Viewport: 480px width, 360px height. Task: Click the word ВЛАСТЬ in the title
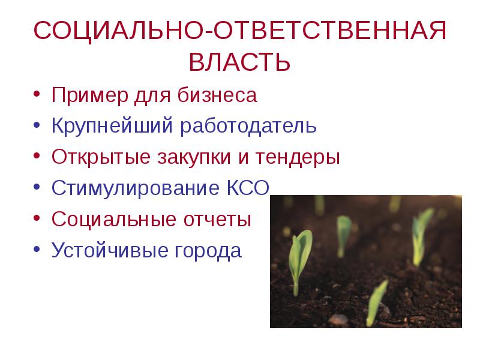coord(240,62)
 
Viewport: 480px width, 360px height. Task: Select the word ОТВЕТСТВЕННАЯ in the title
coord(327,31)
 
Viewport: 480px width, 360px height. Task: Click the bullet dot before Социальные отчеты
coord(37,220)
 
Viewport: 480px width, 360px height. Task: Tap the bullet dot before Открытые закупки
coord(37,158)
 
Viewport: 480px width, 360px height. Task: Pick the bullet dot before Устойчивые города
coord(37,250)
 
